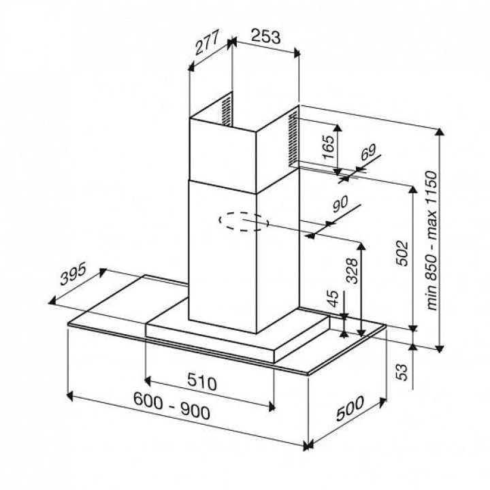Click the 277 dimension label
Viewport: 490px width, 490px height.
[x=206, y=42]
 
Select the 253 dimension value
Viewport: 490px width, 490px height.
[x=266, y=37]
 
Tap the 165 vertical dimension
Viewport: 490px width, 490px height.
[x=329, y=147]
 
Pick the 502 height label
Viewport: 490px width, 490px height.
[x=402, y=253]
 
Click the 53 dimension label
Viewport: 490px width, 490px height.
[x=402, y=372]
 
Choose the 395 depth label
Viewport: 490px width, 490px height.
[x=73, y=274]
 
